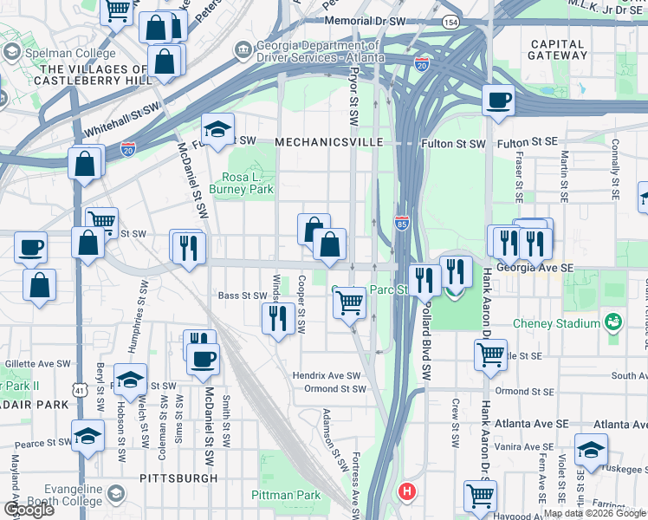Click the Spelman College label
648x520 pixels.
58,51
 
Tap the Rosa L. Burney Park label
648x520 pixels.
249,182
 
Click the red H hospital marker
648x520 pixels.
405,492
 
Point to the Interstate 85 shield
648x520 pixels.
402,222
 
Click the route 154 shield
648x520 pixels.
451,20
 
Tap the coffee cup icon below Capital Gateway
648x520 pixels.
498,101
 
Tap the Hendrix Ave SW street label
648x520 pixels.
326,375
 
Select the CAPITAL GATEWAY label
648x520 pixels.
557,49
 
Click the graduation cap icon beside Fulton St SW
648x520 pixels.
218,129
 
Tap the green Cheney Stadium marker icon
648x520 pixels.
613,323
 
